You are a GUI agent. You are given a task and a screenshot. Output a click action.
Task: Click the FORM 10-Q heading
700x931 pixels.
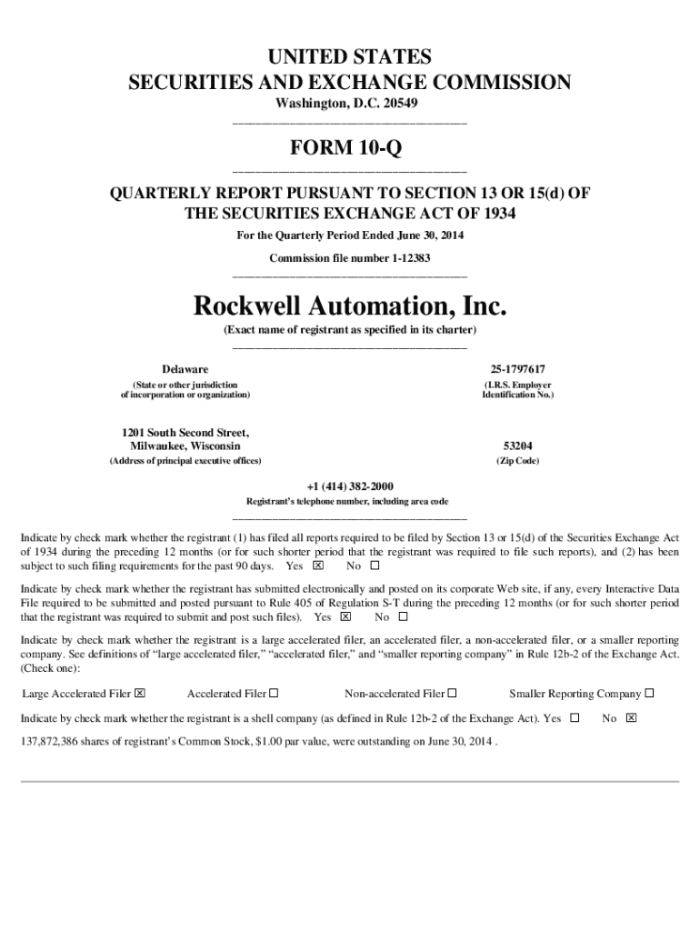[350, 147]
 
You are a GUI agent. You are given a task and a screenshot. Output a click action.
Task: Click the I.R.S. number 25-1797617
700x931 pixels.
[517, 369]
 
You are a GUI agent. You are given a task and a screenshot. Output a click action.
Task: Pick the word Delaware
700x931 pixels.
[185, 369]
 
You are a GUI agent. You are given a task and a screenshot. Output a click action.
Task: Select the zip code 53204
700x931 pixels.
[517, 446]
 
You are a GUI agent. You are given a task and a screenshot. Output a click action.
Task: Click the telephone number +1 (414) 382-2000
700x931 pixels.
[350, 486]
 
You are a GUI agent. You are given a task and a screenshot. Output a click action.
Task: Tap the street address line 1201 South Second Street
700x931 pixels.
[185, 432]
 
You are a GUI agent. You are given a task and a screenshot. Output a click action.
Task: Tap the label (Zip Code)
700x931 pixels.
[517, 461]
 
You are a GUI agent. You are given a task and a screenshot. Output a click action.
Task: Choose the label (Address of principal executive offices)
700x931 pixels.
[185, 461]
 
